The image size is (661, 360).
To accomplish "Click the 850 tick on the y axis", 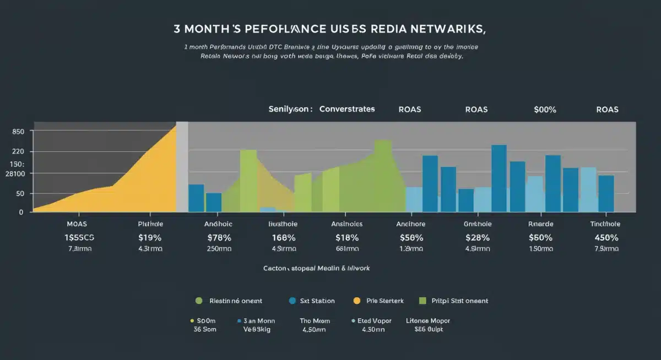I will pos(18,132).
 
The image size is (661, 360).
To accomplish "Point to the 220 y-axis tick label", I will pos(18,151).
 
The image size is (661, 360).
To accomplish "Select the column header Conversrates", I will pos(347,109).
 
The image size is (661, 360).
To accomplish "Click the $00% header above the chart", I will pos(545,110).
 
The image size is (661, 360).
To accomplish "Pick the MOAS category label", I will pos(77,224).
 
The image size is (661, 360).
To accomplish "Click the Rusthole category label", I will pos(283,224).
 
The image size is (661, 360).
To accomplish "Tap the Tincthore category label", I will pos(605,224).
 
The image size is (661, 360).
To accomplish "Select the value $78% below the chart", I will pos(219,238).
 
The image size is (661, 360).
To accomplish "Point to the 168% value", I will pos(283,238).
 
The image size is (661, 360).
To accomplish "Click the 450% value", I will pos(606,238).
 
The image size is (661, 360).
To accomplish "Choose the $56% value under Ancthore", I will pos(411,238).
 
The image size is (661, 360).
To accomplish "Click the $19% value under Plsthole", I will pos(150,238).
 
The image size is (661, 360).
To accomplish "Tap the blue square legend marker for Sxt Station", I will pos(292,301).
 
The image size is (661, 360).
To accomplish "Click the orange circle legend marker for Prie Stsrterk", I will pos(356,301).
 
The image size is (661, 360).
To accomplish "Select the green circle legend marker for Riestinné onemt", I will pos(199,301).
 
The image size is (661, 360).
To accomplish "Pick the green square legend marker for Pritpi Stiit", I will pos(423,301).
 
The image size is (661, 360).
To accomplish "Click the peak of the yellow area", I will pos(175,126).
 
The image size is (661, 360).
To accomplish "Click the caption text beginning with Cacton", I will pos(316,268).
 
